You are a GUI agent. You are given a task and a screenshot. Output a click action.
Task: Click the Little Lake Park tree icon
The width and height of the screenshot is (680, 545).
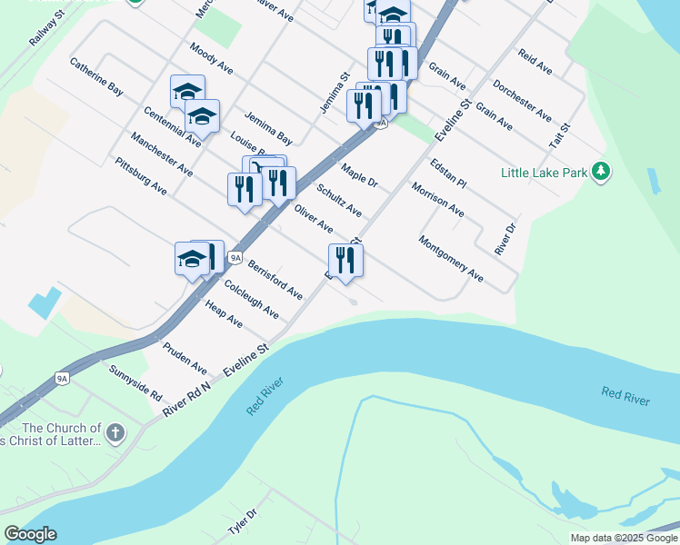coord(600,171)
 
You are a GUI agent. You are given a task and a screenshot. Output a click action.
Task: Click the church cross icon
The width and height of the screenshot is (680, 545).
coord(115,432)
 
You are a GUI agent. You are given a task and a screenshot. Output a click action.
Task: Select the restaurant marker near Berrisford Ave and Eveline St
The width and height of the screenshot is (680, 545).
coord(345,260)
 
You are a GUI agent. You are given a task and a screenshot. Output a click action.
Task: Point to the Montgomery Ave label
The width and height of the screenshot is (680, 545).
coord(451,258)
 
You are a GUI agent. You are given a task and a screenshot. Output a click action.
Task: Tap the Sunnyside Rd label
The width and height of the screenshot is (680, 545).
coord(135,384)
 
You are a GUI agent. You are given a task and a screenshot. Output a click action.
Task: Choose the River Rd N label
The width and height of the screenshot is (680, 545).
coord(187,399)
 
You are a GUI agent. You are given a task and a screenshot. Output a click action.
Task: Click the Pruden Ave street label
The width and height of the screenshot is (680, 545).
coord(185,358)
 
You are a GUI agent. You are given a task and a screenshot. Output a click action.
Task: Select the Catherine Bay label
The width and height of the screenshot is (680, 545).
coord(96,78)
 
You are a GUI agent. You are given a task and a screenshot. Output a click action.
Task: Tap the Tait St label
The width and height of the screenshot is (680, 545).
coord(558,136)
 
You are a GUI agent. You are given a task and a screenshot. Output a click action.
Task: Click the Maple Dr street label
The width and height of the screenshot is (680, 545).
coord(359,176)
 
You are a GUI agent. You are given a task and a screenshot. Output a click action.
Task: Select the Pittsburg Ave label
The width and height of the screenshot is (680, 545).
coord(141,176)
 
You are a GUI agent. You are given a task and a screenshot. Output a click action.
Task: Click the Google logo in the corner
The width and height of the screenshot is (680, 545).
coord(30,534)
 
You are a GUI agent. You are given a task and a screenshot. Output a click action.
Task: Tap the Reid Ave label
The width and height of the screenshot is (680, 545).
coord(535,62)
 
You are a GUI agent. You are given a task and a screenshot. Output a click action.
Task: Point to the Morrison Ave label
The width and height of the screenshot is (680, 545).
coord(437,200)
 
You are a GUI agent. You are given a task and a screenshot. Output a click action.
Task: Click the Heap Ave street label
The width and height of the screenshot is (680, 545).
coord(224,314)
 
